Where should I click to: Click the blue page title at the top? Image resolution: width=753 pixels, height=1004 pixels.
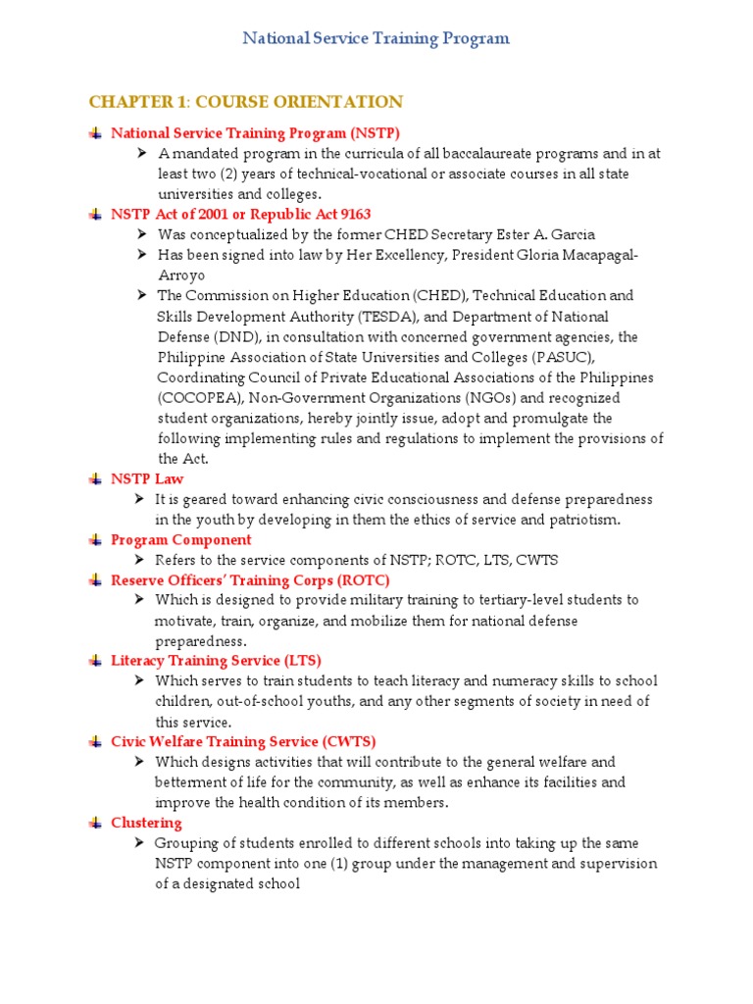click(376, 39)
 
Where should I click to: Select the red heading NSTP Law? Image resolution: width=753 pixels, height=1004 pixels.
click(147, 478)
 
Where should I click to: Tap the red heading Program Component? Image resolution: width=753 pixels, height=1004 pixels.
click(180, 539)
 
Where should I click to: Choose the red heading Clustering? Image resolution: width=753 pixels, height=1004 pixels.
click(146, 822)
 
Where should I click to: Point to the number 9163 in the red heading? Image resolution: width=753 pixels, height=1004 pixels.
click(351, 214)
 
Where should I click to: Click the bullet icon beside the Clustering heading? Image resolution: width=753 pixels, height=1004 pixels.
click(94, 823)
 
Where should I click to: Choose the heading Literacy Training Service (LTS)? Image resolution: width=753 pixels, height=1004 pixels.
click(216, 661)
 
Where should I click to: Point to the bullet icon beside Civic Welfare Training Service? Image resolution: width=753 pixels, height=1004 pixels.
click(94, 742)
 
